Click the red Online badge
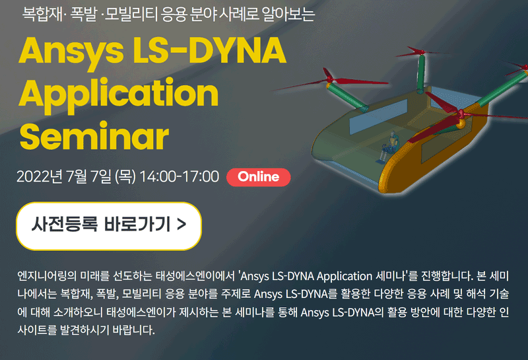pos(259,177)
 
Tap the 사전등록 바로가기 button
pos(109,226)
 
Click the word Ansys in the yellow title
pos(71,52)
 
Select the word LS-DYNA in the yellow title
pos(209,50)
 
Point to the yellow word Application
pos(119,95)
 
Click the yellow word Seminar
pos(94,136)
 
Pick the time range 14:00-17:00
pos(179,176)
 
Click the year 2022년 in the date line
pos(40,176)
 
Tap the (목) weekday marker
pos(125,176)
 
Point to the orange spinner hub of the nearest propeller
pos(461,124)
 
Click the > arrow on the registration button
pos(181,224)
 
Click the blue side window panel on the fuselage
pos(378,117)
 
